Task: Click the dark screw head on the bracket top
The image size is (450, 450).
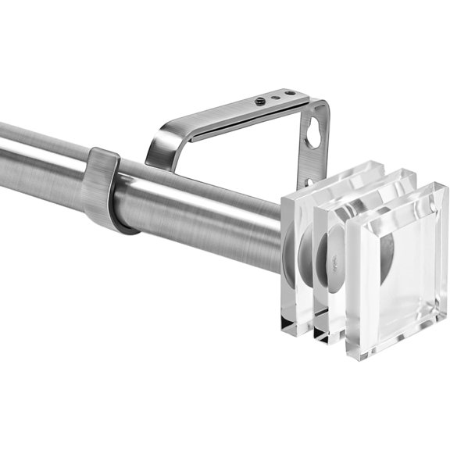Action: pyautogui.click(x=260, y=102)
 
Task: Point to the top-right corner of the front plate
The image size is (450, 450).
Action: pyautogui.click(x=445, y=187)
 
